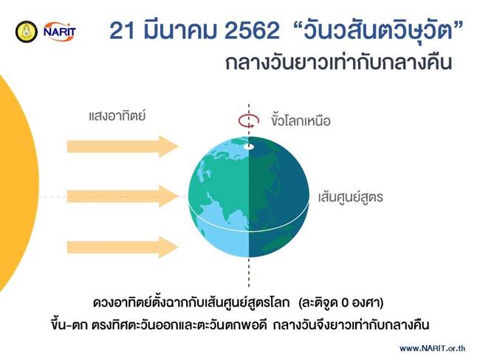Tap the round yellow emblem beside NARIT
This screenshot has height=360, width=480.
[27, 32]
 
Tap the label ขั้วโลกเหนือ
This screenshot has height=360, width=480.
[299, 120]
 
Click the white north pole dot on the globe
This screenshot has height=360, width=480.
[250, 146]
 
